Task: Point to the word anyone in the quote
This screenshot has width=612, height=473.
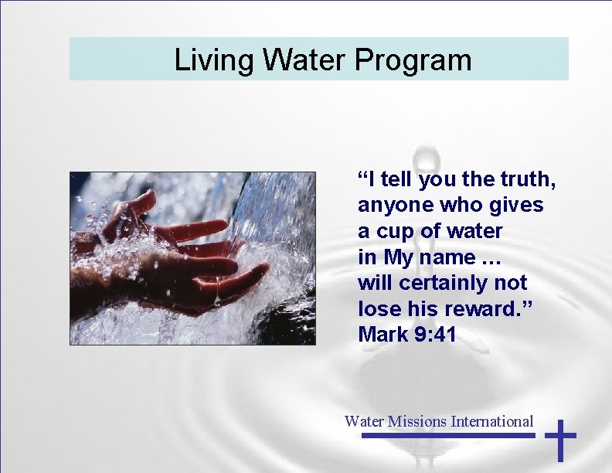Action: click(x=393, y=206)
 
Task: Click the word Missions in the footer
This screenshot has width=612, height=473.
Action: click(x=416, y=421)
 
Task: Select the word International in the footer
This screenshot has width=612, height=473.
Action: click(x=492, y=421)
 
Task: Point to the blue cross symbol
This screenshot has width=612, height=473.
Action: click(x=561, y=440)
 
